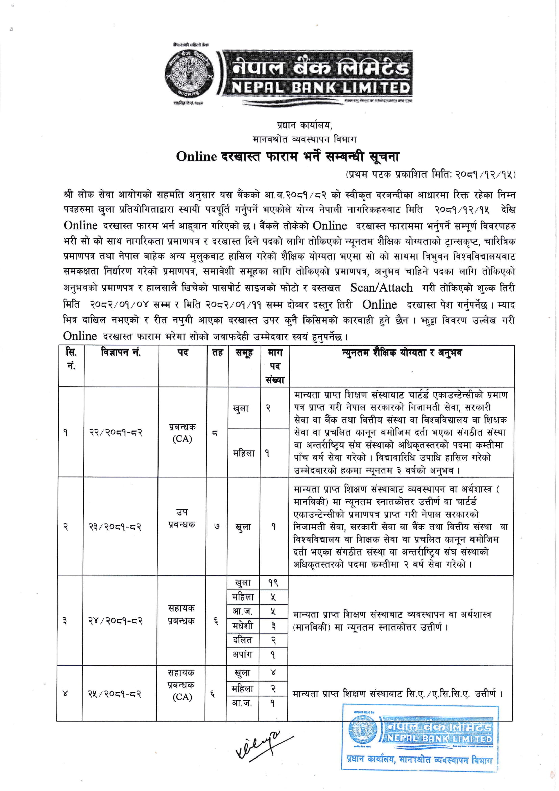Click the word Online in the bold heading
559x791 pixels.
point(196,157)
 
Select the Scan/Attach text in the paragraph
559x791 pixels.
point(381,288)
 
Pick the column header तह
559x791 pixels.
point(217,353)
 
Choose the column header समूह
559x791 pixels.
point(244,353)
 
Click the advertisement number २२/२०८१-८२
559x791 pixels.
point(116,433)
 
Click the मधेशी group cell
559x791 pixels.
point(243,625)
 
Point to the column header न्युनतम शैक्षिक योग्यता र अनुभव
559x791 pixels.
point(402,353)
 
